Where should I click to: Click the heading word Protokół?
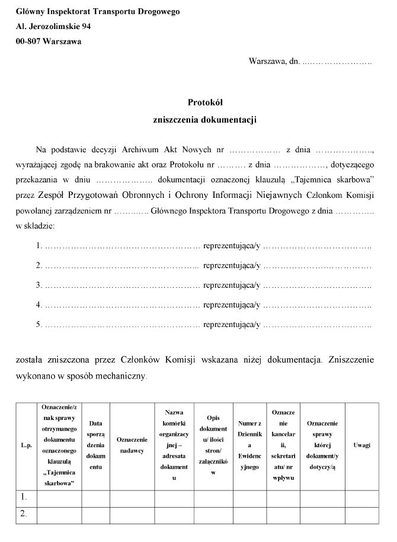tap(204, 102)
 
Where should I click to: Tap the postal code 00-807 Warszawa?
tap(49, 41)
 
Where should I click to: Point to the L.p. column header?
tap(26, 445)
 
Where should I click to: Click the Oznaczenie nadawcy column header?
tap(132, 445)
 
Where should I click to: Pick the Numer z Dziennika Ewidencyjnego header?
tap(249, 445)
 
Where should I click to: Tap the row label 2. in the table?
tap(24, 514)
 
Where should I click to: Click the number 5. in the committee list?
tap(39, 325)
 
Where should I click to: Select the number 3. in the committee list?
tap(39, 285)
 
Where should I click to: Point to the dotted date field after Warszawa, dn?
tap(337, 62)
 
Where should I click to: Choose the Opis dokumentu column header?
tap(213, 445)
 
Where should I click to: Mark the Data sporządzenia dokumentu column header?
tap(95, 445)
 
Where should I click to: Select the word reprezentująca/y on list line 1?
tap(232, 245)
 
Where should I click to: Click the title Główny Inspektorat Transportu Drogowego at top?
tap(98, 12)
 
